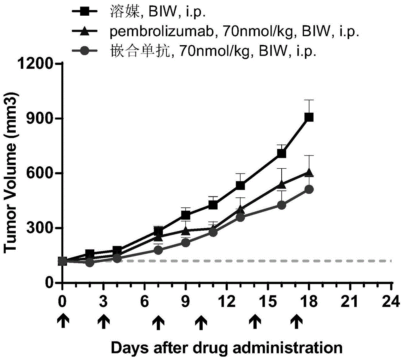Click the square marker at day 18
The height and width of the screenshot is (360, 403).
[x=309, y=117]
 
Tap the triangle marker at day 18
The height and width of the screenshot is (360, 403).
[x=309, y=173]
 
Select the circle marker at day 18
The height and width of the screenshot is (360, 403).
[x=309, y=189]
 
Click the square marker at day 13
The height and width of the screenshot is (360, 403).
[x=241, y=185]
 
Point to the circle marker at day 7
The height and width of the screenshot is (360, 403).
[x=158, y=250]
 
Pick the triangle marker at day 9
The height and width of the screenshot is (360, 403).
[x=186, y=231]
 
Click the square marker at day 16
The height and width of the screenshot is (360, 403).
[x=282, y=153]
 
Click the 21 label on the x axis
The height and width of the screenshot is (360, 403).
[x=350, y=301]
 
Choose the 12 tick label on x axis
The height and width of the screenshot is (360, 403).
[x=227, y=301]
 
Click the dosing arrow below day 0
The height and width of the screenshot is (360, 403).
[x=62, y=321]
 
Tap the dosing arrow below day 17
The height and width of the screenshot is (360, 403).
[x=297, y=321]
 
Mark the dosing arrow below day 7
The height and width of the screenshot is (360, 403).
[x=159, y=321]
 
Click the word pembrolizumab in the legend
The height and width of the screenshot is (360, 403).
[x=154, y=32]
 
